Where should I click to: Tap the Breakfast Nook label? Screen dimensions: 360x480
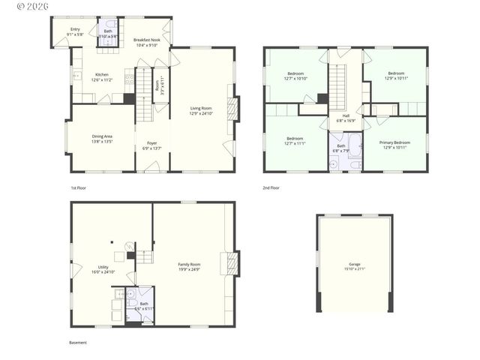[147, 42]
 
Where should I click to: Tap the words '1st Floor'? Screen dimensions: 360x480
[79, 187]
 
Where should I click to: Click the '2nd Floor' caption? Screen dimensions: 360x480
[271, 187]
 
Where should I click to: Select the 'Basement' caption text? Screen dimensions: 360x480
[78, 343]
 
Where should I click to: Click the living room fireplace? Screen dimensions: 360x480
[232, 109]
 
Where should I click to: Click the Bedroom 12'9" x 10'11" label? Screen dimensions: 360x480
[395, 76]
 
